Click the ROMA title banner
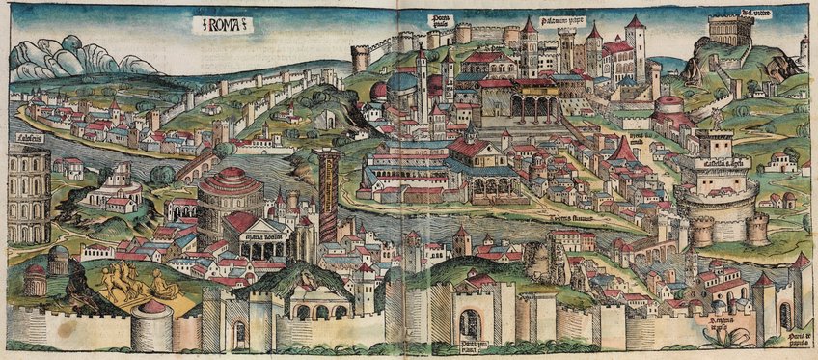pyautogui.click(x=222, y=26)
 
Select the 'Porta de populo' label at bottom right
pyautogui.click(x=795, y=338)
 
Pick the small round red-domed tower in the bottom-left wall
pyautogui.click(x=152, y=323)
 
